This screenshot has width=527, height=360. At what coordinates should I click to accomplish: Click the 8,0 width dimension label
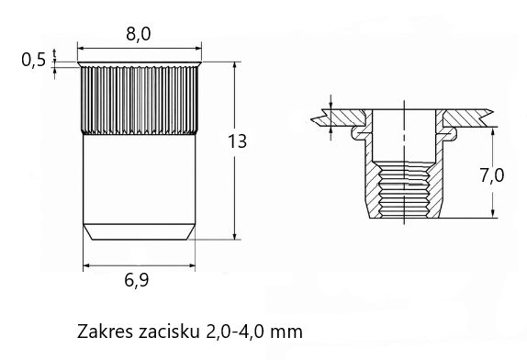coord(139,34)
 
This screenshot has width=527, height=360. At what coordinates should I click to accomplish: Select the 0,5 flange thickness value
coord(33,61)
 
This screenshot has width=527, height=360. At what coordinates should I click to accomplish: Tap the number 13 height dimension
coord(237,141)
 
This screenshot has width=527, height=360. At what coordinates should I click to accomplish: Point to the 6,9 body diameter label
coord(137,280)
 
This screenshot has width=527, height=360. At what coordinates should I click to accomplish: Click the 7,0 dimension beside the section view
coord(492,175)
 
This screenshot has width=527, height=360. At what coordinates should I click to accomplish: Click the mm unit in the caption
coord(286,333)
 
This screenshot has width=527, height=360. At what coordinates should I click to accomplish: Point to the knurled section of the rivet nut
coord(139,100)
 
